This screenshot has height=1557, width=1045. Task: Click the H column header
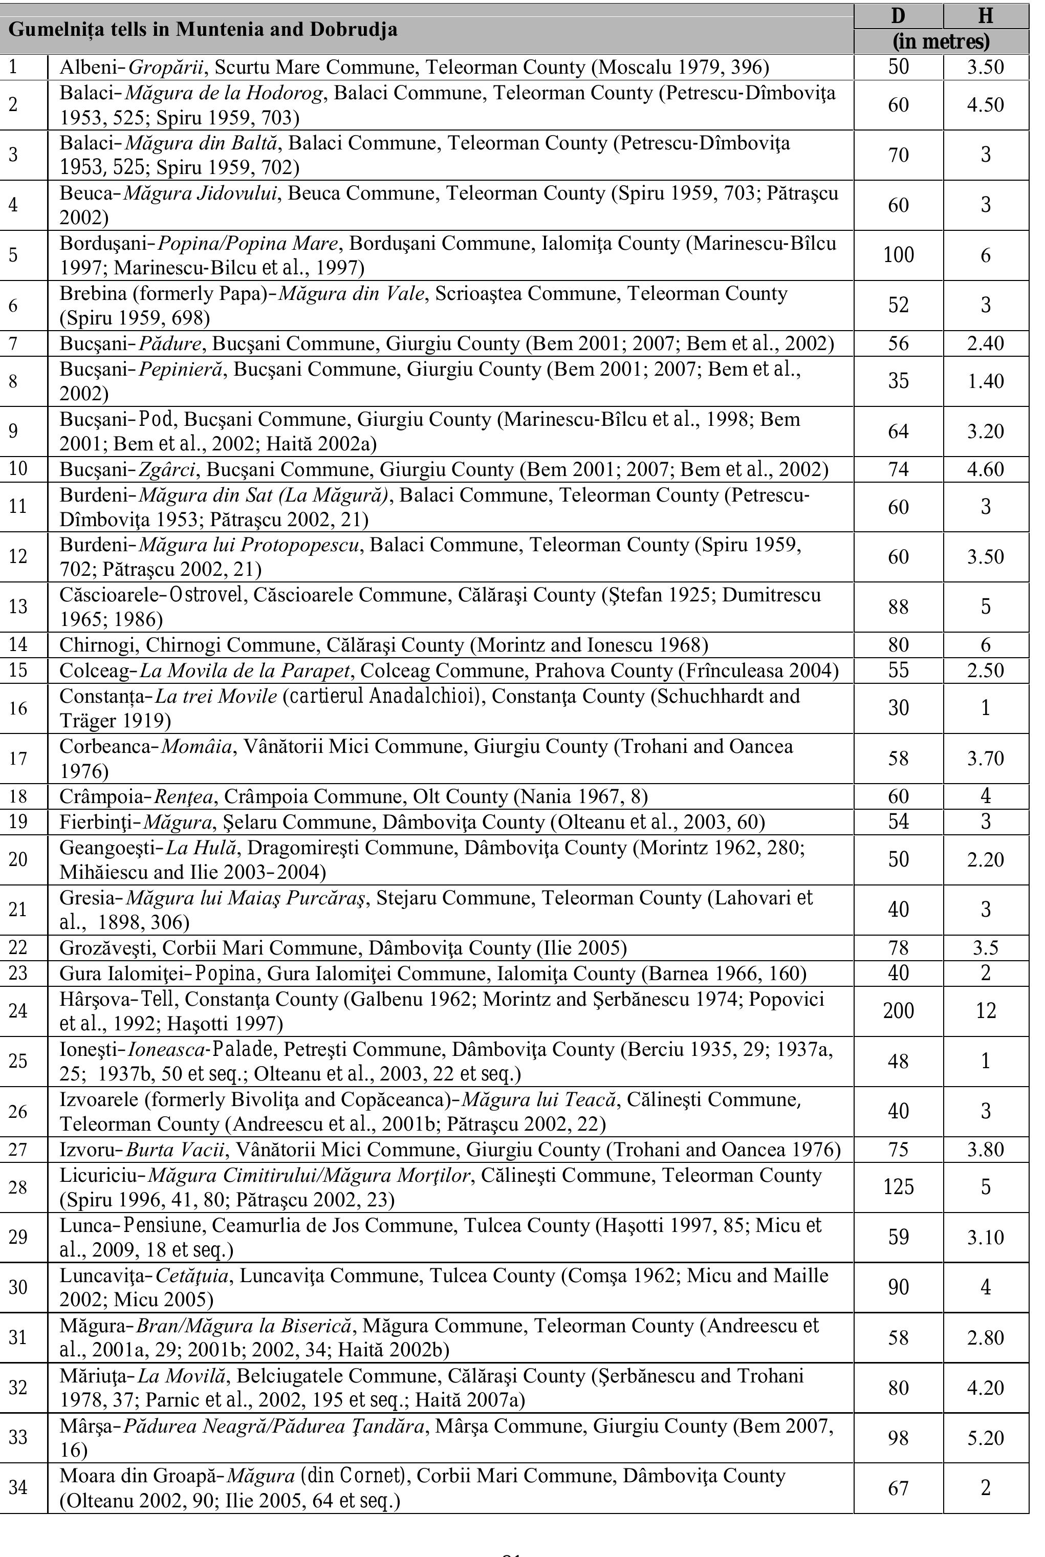(986, 16)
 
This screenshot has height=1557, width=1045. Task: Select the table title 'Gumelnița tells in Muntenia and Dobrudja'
(203, 29)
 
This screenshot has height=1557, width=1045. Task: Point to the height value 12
(986, 1010)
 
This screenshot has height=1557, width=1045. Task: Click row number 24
(18, 1010)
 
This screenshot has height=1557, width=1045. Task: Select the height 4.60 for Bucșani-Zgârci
(986, 469)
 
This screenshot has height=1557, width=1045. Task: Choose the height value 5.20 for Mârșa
(986, 1438)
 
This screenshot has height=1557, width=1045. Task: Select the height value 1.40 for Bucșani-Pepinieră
(986, 381)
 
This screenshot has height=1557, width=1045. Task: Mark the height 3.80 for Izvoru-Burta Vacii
(986, 1149)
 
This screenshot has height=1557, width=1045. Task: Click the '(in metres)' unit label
(941, 41)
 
